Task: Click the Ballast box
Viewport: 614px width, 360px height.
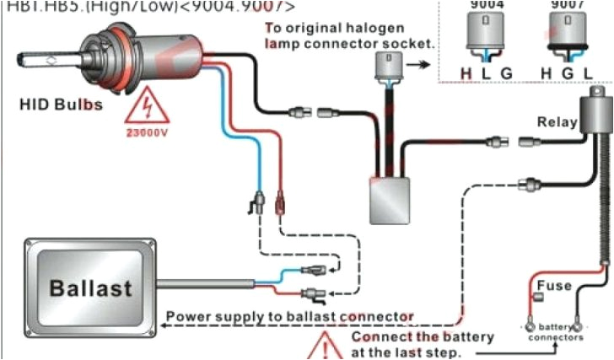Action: pos(79,287)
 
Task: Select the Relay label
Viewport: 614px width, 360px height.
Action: pos(557,121)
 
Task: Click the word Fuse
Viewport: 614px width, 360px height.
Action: pos(554,286)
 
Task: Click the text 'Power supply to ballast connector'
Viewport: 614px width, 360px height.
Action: pos(289,317)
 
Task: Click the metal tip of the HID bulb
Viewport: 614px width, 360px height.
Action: pos(34,60)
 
